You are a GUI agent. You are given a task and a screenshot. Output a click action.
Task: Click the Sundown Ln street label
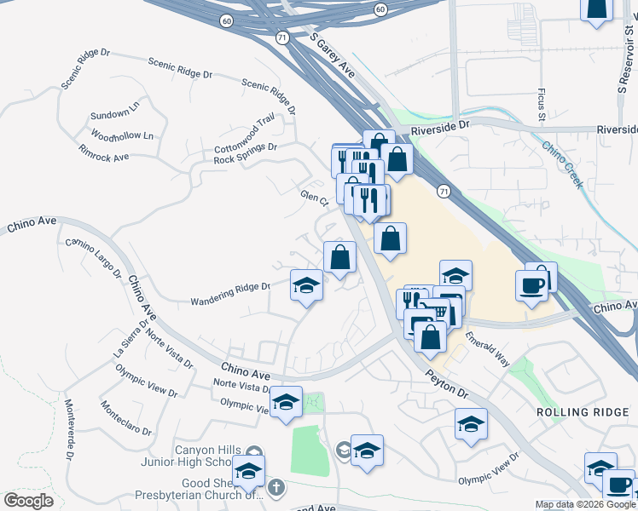[114, 114]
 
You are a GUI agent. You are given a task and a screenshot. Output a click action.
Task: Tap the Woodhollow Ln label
[122, 136]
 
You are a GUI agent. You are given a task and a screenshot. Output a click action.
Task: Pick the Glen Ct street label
[315, 198]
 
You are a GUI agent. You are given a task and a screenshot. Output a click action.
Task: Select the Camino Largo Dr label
[94, 258]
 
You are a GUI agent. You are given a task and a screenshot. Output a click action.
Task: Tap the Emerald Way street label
[487, 349]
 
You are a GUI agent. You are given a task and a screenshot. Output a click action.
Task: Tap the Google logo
[28, 501]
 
